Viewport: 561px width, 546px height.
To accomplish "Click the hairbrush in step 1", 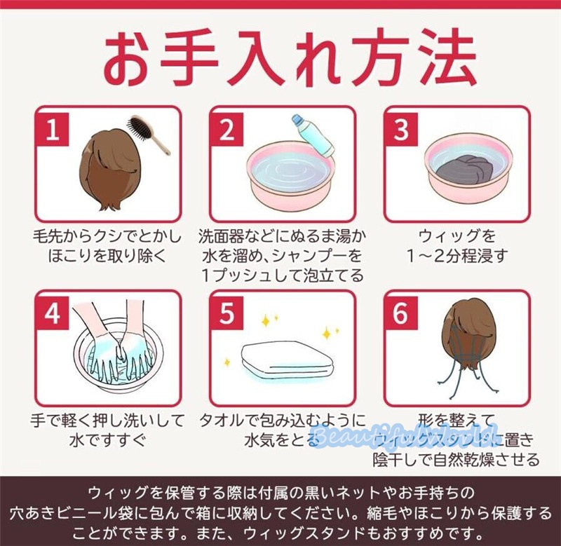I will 148,135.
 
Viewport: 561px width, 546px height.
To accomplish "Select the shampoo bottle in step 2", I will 313,135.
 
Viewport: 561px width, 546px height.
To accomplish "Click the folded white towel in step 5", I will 283,359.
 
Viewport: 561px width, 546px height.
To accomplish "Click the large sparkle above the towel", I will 266,321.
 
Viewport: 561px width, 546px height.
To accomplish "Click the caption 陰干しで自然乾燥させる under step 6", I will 457,460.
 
